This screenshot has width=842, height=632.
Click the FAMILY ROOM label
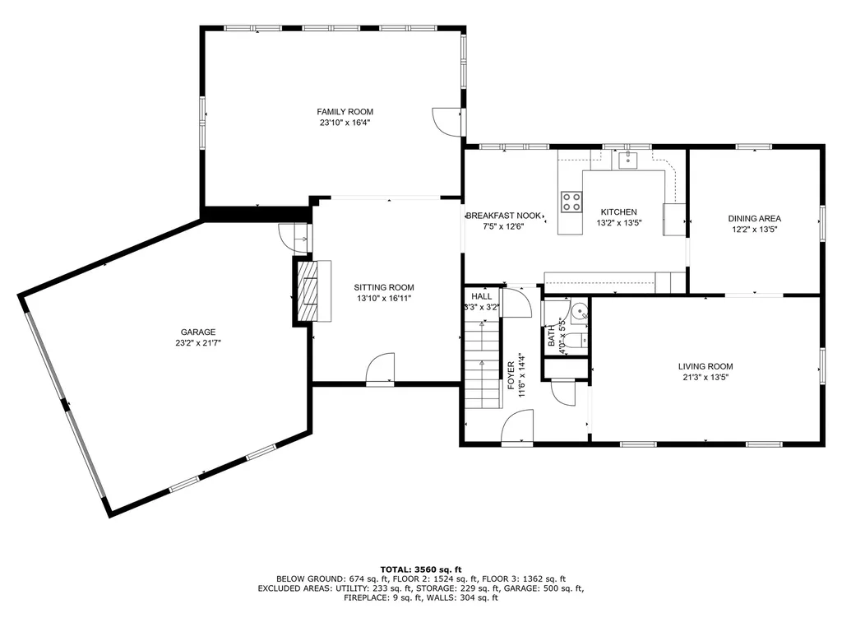(345, 112)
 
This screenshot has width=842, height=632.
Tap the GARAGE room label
(198, 332)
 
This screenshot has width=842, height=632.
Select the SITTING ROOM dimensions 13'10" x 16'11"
(384, 298)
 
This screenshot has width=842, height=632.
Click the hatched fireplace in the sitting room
(310, 290)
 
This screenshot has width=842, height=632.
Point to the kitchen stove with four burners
(571, 202)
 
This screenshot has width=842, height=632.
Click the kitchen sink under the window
(627, 160)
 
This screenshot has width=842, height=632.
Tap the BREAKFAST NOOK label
(503, 216)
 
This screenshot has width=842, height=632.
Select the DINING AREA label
(755, 219)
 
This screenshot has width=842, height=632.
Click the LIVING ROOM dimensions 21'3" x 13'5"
(706, 377)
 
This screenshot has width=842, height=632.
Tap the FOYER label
(511, 375)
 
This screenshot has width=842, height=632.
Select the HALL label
(482, 296)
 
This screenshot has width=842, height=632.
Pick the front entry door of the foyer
(517, 426)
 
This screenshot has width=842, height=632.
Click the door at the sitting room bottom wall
(380, 369)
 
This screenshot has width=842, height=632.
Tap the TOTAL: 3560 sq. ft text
(421, 569)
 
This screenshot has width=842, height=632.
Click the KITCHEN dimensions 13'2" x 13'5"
(619, 223)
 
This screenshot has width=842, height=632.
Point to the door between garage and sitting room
(294, 238)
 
